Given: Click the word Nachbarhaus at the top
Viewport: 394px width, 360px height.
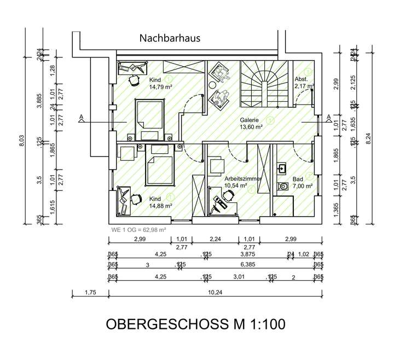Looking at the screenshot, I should [x=170, y=38].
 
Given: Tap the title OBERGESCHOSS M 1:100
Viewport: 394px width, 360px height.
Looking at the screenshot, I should [x=195, y=324].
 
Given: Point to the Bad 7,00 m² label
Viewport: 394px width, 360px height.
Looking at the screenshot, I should [x=302, y=182].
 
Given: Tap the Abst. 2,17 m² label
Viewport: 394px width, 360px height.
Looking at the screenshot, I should [x=304, y=82].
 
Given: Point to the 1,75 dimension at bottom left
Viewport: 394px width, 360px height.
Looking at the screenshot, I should [x=90, y=293].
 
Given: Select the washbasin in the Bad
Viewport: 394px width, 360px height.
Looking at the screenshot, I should [x=283, y=167].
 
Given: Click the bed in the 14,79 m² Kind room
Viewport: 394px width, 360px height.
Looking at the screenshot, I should [x=150, y=117].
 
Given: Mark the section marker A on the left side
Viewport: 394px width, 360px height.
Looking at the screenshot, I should [x=82, y=118].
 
